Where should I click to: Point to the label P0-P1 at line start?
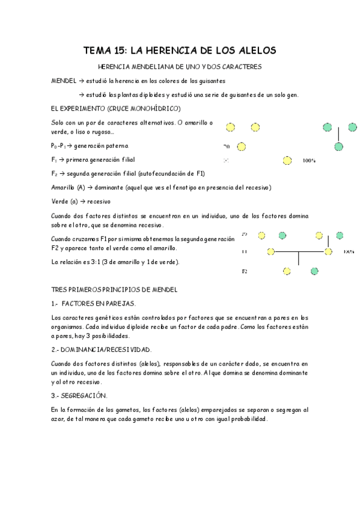pyautogui.click(x=58, y=146)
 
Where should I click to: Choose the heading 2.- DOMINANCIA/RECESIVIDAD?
pyautogui.click(x=101, y=349)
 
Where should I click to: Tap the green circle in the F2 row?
pyautogui.click(x=314, y=271)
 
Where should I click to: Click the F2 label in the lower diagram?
pyautogui.click(x=245, y=272)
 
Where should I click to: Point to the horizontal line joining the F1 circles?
pyautogui.click(x=299, y=251)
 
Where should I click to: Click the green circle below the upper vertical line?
pyautogui.click(x=339, y=146)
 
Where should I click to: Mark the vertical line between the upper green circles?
pyautogui.click(x=339, y=134)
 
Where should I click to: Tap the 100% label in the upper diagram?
pyautogui.click(x=309, y=161)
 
